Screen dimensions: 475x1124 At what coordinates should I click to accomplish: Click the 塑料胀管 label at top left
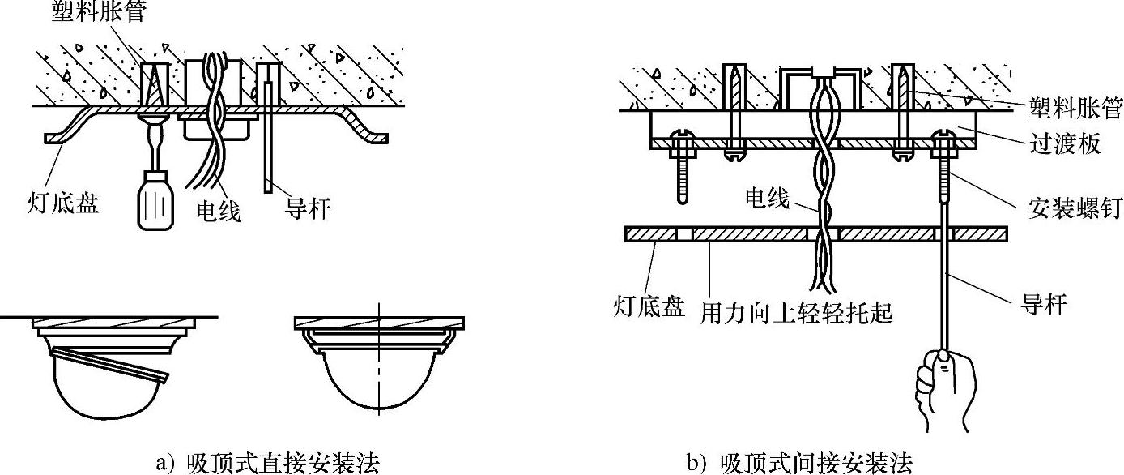pyautogui.click(x=98, y=13)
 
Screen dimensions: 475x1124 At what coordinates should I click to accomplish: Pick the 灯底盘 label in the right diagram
pyautogui.click(x=649, y=309)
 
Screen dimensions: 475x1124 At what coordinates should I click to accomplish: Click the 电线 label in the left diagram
pyautogui.click(x=219, y=212)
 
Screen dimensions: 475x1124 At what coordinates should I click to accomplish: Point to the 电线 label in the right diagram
pyautogui.click(x=767, y=198)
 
